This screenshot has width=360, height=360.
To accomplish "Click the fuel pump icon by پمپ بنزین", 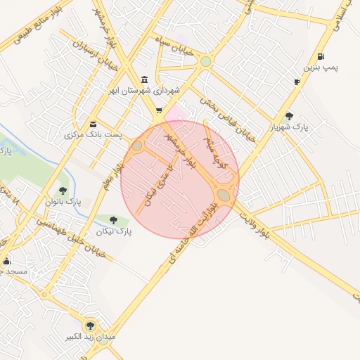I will click(x=321, y=57).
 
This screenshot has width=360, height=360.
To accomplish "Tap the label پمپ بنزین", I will click(x=321, y=67).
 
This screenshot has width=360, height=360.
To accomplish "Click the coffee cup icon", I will click(x=297, y=82).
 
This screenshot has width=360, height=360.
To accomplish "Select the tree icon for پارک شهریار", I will click(x=289, y=116).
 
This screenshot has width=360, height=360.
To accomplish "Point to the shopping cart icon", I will click(x=159, y=110).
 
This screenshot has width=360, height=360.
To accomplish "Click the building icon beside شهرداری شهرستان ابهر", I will click(x=145, y=79).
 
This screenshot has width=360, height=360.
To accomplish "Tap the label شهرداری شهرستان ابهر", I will click(x=150, y=91).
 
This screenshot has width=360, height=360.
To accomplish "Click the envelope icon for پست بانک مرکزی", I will click(x=93, y=124).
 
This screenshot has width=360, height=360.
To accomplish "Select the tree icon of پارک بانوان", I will click(x=63, y=190).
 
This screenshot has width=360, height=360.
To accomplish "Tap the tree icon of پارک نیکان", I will click(x=113, y=220).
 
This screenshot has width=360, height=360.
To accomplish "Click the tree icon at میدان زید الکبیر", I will click(x=89, y=325).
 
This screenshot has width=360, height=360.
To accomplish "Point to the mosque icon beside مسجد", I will click(x=6, y=262).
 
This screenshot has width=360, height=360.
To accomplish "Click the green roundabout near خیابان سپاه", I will click(x=205, y=62).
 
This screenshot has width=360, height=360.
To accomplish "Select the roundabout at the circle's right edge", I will click(x=224, y=194).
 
